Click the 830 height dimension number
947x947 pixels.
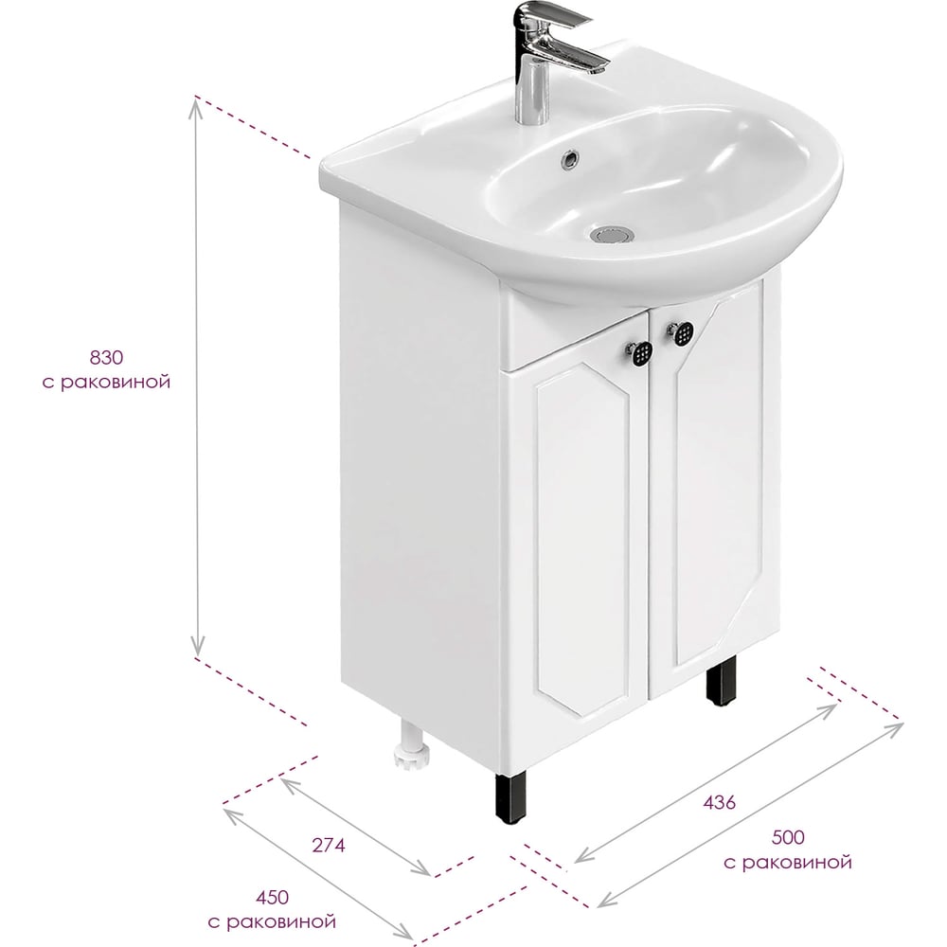coord(106,358)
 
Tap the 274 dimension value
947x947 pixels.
coord(329,846)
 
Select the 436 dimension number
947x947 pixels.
coord(720,803)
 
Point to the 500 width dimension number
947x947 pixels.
coord(788,837)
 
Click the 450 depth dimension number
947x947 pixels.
coord(272,898)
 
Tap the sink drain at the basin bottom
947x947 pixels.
coord(613,234)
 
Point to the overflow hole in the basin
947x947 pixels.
coord(570,158)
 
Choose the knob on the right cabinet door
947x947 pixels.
coord(680,331)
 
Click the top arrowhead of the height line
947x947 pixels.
coord(196,106)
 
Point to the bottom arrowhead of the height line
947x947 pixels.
coord(196,648)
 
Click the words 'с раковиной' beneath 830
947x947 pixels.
coord(106,383)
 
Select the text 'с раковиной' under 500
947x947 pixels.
coord(788,862)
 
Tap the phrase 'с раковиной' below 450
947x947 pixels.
coord(272,922)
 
